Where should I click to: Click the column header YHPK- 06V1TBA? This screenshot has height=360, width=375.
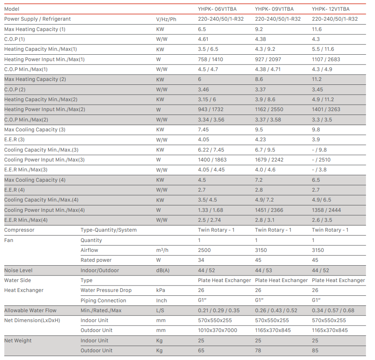tap(217, 9)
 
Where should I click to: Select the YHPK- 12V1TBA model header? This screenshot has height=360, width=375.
tap(331, 9)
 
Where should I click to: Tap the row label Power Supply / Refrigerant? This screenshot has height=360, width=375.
tap(37, 19)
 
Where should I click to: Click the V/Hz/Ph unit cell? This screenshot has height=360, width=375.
tap(166, 19)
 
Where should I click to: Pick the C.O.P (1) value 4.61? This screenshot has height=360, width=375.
tap(203, 39)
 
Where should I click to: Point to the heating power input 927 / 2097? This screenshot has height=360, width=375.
tap(268, 59)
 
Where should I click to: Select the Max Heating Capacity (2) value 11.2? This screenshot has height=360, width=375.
tap(317, 79)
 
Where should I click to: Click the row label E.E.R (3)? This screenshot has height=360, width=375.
tap(14, 140)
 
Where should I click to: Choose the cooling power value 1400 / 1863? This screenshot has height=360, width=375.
tap(212, 160)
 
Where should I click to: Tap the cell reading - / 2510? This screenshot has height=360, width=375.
tap(321, 160)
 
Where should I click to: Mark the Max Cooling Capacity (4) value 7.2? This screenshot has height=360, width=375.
tap(259, 180)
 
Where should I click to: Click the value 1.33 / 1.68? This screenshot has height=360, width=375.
tap(210, 210)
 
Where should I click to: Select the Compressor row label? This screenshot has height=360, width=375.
tap(19, 230)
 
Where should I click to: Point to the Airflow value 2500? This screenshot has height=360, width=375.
tap(204, 250)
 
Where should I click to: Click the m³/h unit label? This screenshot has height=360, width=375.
tap(162, 250)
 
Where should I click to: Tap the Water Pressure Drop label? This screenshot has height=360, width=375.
tap(106, 290)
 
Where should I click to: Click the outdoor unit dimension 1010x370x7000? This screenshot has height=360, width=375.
tap(218, 330)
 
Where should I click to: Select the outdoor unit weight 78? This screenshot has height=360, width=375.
tap(258, 351)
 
